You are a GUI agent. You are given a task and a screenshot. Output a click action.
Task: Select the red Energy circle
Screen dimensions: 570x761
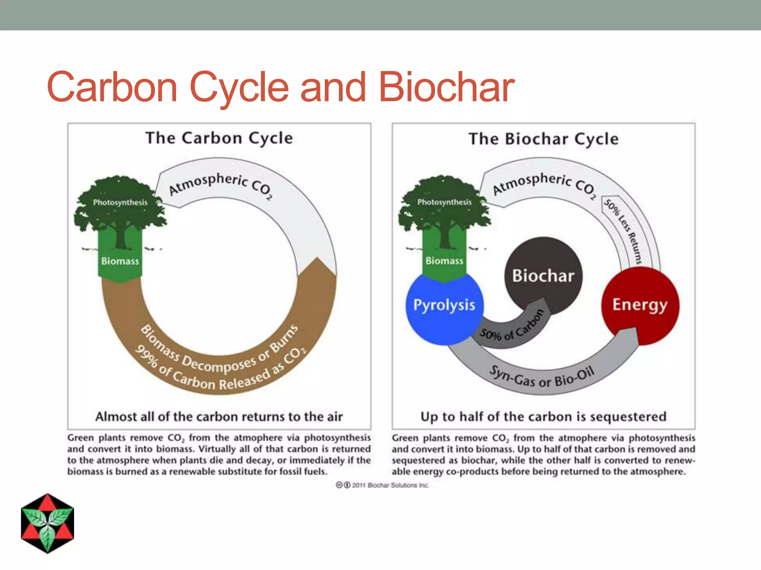coord(640,305)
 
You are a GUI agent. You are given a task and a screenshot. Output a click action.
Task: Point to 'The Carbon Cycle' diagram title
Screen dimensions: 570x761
coord(219,138)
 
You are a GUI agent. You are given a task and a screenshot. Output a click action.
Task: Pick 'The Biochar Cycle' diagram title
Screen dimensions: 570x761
coord(544,139)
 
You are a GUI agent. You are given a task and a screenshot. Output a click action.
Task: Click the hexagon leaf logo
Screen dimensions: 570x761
coord(48,523)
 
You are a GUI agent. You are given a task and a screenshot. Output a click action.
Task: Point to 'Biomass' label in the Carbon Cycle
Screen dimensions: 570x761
coord(120,261)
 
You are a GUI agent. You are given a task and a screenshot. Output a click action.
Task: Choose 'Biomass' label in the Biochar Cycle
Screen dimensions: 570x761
coord(444,261)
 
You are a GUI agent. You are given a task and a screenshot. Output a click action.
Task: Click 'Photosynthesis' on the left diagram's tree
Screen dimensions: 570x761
coord(120,202)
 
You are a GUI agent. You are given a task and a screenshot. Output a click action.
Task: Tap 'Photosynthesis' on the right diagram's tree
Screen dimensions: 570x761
coord(444,202)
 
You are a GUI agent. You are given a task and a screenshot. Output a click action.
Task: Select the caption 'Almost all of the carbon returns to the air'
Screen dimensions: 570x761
coord(219,417)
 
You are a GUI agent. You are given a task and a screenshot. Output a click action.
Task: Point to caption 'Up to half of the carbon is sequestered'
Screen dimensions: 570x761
coord(544,417)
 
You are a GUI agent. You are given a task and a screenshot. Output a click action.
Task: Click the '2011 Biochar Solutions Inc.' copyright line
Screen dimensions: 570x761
coord(383,485)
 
